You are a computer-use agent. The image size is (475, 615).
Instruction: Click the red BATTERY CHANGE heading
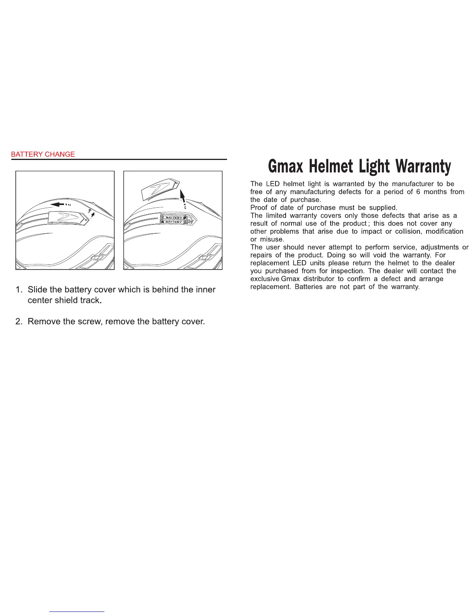click(x=43, y=154)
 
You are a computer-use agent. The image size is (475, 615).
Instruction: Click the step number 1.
click(x=18, y=290)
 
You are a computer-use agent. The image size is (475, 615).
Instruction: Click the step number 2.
click(x=18, y=321)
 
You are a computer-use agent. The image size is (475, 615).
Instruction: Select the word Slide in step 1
click(x=38, y=290)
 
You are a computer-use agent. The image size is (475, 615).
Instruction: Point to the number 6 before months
click(x=418, y=192)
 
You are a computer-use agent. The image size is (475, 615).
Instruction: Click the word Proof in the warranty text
click(x=258, y=208)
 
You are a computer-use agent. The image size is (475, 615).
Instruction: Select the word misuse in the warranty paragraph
click(x=272, y=240)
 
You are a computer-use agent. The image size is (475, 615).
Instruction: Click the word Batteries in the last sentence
click(x=309, y=287)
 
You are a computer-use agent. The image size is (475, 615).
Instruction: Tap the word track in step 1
click(x=90, y=301)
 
